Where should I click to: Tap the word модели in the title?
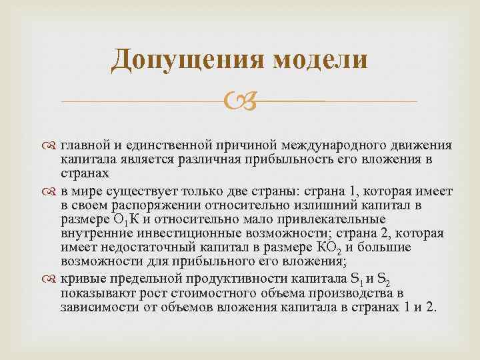[x=320, y=59]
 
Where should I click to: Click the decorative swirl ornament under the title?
[x=239, y=102]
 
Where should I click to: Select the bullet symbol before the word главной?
[x=53, y=146]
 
